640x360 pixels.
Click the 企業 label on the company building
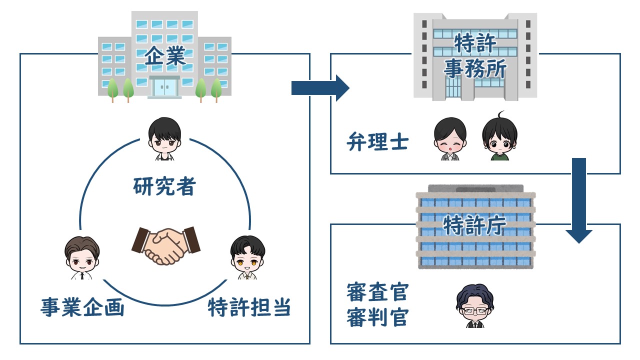[x=165, y=56]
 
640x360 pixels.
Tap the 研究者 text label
[x=164, y=186]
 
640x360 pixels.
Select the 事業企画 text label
[x=82, y=307]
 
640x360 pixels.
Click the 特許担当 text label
[x=249, y=307]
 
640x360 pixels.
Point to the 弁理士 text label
[x=377, y=141]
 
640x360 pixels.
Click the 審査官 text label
[x=377, y=292]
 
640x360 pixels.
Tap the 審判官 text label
[x=377, y=317]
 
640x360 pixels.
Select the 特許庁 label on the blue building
[x=474, y=225]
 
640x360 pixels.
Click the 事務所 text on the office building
[x=475, y=68]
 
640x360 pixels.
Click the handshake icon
[x=166, y=245]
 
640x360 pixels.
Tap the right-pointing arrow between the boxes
[x=320, y=88]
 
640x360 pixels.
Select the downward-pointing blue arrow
[x=579, y=200]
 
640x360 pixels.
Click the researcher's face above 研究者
[x=164, y=138]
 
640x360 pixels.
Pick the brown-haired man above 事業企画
[x=82, y=257]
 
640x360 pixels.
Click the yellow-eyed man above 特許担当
[x=247, y=257]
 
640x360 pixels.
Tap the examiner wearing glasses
[x=475, y=305]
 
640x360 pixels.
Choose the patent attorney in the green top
[x=499, y=136]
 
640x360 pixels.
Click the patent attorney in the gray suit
[x=450, y=139]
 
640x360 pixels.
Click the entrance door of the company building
[x=164, y=87]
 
